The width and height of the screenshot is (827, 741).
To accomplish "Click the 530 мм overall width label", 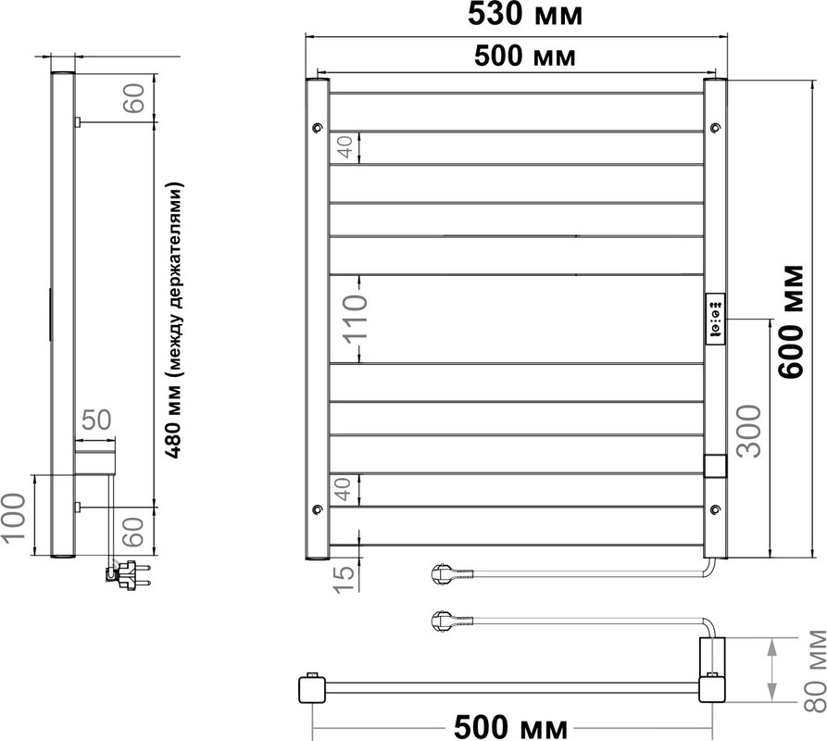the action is pos(525,14).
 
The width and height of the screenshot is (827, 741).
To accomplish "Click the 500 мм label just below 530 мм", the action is pos(525,56).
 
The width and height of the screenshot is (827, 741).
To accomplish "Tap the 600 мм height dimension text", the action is pos(792,320).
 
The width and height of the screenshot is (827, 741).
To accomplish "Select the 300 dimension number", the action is pos(749,431).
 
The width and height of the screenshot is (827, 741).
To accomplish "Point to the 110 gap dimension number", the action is pos(355,319).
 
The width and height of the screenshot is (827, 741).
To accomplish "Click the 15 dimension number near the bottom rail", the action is pos(345,578).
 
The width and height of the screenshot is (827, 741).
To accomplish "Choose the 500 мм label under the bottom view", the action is pos(510,727).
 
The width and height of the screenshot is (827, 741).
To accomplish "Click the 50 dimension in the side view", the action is pos(96,421).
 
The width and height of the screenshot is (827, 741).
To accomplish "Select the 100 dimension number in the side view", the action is pos(13,516).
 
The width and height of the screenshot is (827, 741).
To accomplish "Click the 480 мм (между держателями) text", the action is pos(175,320).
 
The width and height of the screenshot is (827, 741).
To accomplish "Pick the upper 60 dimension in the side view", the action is pos(133,98).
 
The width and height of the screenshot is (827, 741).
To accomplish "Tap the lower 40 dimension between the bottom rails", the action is pos(343,489).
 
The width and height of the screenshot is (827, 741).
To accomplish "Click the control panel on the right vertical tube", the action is pos(715,319).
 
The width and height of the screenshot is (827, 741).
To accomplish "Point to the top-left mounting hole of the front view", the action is pos(317,127).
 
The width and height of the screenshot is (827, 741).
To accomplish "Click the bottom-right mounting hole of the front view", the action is pos(715,509).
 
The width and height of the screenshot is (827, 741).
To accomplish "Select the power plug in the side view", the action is pos(128,575).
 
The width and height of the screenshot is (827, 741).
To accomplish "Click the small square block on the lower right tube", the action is pos(715,466).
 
